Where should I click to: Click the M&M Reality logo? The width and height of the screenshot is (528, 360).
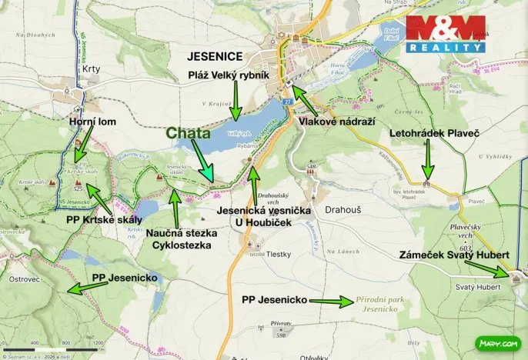pos(446,34)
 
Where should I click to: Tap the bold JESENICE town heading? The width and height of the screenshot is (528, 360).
pos(216,56)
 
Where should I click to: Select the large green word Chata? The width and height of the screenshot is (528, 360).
pos(188,133)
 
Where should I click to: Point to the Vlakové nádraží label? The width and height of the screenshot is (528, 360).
pos(333,120)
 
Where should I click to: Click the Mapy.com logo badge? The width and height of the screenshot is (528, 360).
pos(497,342)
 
